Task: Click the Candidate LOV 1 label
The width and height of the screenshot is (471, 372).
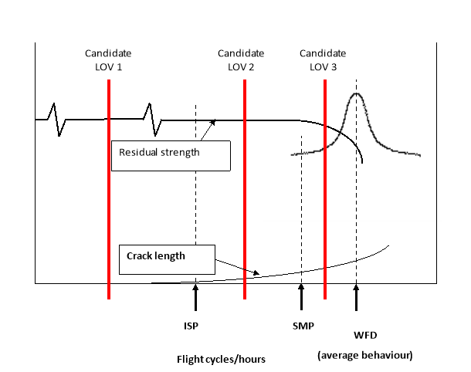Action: point(108,60)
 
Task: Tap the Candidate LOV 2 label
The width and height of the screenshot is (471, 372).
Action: point(241,60)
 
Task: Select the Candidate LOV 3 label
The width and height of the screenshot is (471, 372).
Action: point(323,60)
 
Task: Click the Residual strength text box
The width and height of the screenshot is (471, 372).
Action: point(171,155)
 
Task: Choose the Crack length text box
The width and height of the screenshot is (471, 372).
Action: point(166,259)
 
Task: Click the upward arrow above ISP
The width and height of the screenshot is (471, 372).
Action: point(195,297)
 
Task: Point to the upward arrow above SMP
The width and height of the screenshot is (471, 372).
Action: point(301,297)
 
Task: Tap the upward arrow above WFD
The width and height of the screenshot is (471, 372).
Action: point(356,297)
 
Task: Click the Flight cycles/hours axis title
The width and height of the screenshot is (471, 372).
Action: point(221,358)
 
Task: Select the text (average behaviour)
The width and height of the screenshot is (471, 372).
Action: point(364,355)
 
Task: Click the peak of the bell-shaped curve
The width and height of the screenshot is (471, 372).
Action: point(356,94)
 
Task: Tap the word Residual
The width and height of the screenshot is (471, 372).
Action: point(136,152)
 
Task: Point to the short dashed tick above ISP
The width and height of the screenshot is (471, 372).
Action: point(195,112)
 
